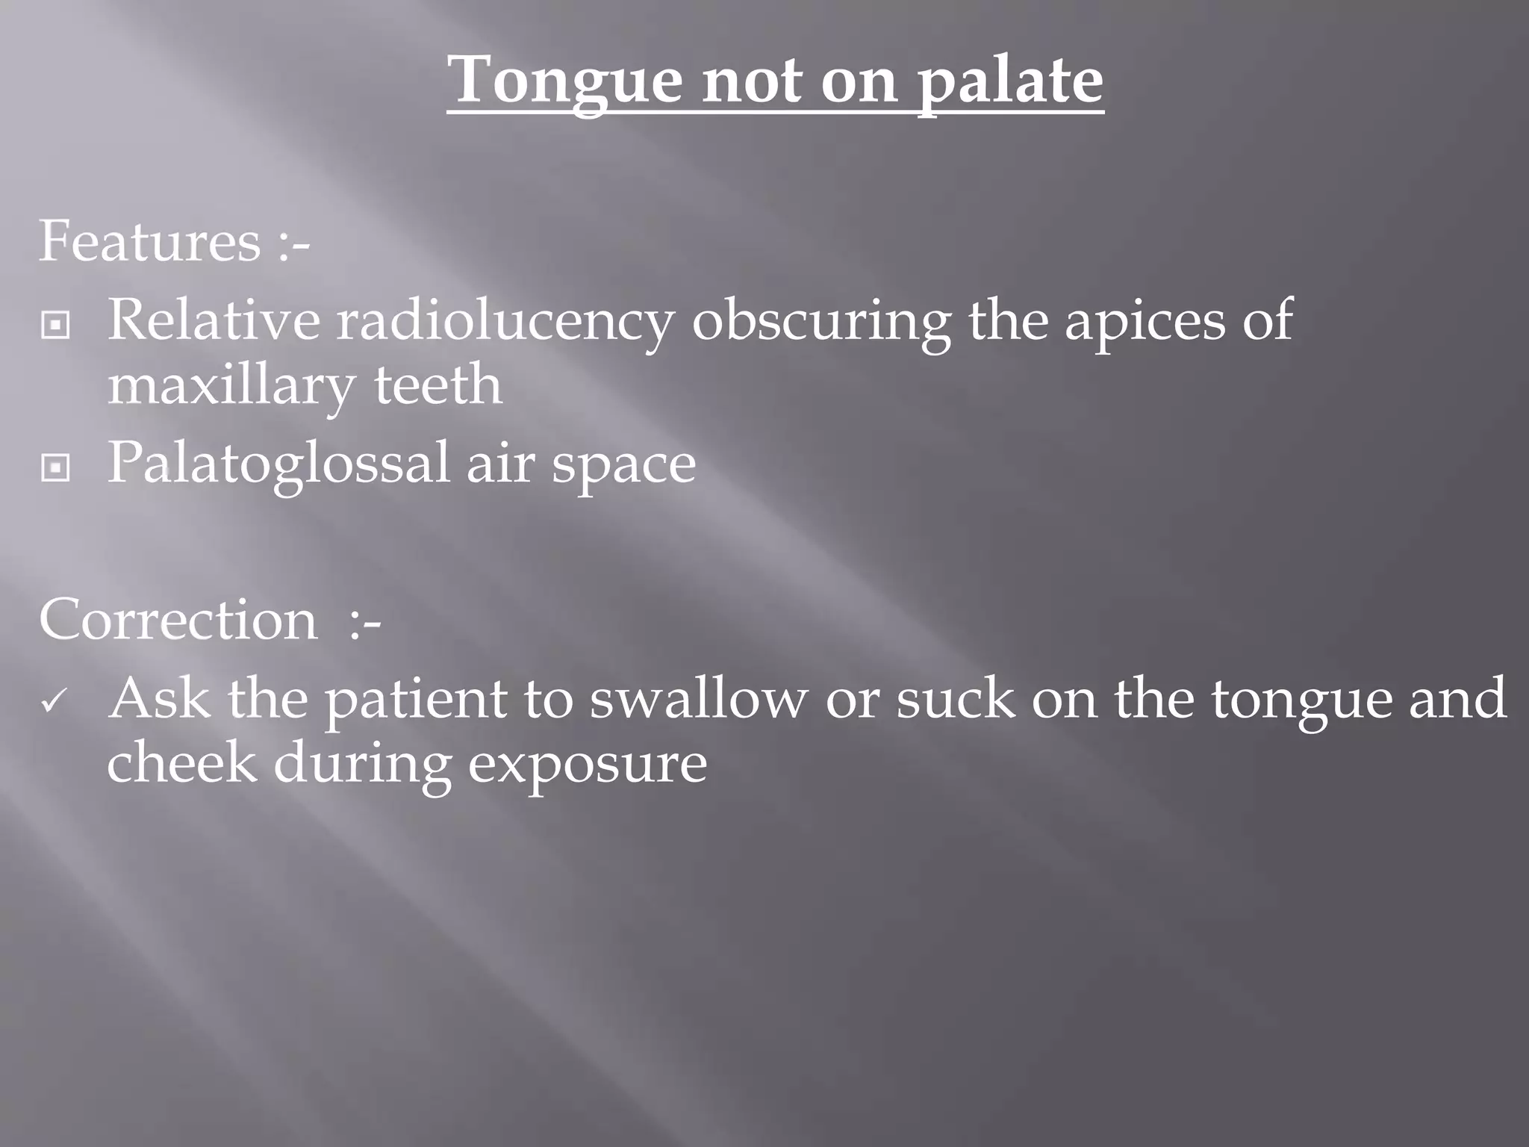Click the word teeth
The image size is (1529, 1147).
click(437, 385)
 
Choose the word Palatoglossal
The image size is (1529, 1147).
click(278, 464)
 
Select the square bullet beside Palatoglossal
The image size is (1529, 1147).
click(55, 468)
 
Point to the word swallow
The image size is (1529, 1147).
click(698, 698)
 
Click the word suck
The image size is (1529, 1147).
click(956, 698)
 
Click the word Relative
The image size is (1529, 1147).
click(214, 320)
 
